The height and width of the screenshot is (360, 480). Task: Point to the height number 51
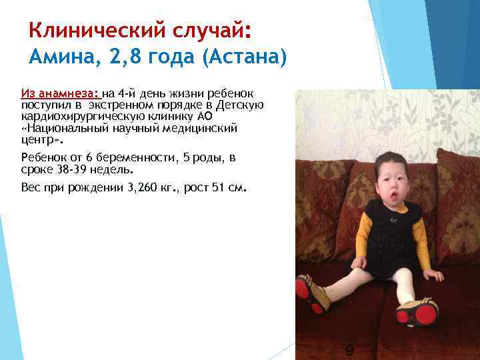(217, 187)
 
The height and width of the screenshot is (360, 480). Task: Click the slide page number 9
(349, 351)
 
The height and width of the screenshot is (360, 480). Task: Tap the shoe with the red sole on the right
(418, 311)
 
